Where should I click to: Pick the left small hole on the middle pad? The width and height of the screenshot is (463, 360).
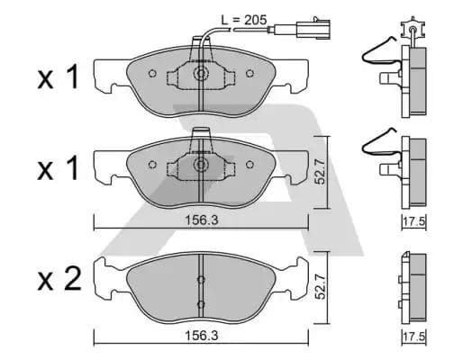click(151, 165)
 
